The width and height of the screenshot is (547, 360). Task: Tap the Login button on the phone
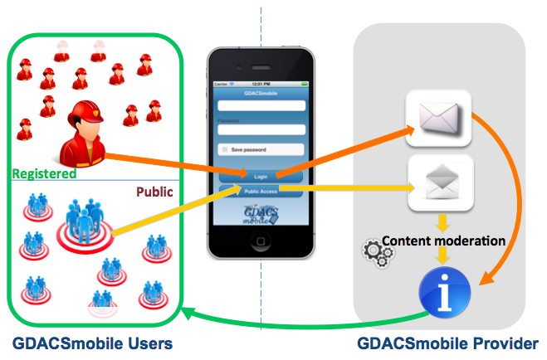(261, 177)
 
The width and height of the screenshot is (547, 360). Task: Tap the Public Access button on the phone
(261, 191)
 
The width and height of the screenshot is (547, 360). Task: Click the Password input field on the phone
(261, 130)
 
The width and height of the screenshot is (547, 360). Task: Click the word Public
(154, 192)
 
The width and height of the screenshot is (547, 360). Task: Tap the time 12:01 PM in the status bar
(261, 85)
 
